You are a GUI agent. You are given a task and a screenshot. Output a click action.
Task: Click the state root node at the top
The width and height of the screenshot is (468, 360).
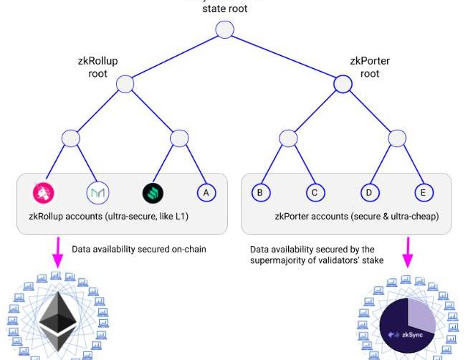pos(225,30)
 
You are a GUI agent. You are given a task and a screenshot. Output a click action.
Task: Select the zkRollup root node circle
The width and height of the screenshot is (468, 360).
pos(125,84)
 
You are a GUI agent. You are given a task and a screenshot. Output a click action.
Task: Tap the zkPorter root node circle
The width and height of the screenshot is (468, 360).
pos(343,84)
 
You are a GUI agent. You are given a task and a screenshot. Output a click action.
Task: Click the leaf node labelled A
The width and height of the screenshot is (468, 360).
pos(206,192)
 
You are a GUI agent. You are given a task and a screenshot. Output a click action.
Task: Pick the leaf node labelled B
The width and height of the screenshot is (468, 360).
pos(260,192)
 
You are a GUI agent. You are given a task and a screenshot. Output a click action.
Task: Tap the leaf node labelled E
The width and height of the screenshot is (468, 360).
pos(424,192)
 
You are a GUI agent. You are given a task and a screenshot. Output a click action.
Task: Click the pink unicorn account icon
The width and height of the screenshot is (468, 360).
pos(44,192)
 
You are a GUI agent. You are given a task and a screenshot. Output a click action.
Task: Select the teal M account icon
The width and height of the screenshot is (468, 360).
pos(97,192)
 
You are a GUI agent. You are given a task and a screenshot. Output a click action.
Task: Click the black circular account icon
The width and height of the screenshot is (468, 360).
pos(153,192)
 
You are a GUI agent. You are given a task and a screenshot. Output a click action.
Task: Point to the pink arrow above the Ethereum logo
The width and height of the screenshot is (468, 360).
pos(56,255)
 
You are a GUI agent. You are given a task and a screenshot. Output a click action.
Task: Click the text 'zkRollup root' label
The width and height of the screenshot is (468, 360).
pos(97,67)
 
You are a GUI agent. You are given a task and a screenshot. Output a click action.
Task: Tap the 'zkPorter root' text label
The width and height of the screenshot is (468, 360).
pos(370,67)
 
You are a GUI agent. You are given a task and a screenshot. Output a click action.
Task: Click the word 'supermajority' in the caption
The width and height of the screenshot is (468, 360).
pos(280,261)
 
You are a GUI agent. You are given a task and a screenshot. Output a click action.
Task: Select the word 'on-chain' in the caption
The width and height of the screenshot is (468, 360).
pos(187,250)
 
